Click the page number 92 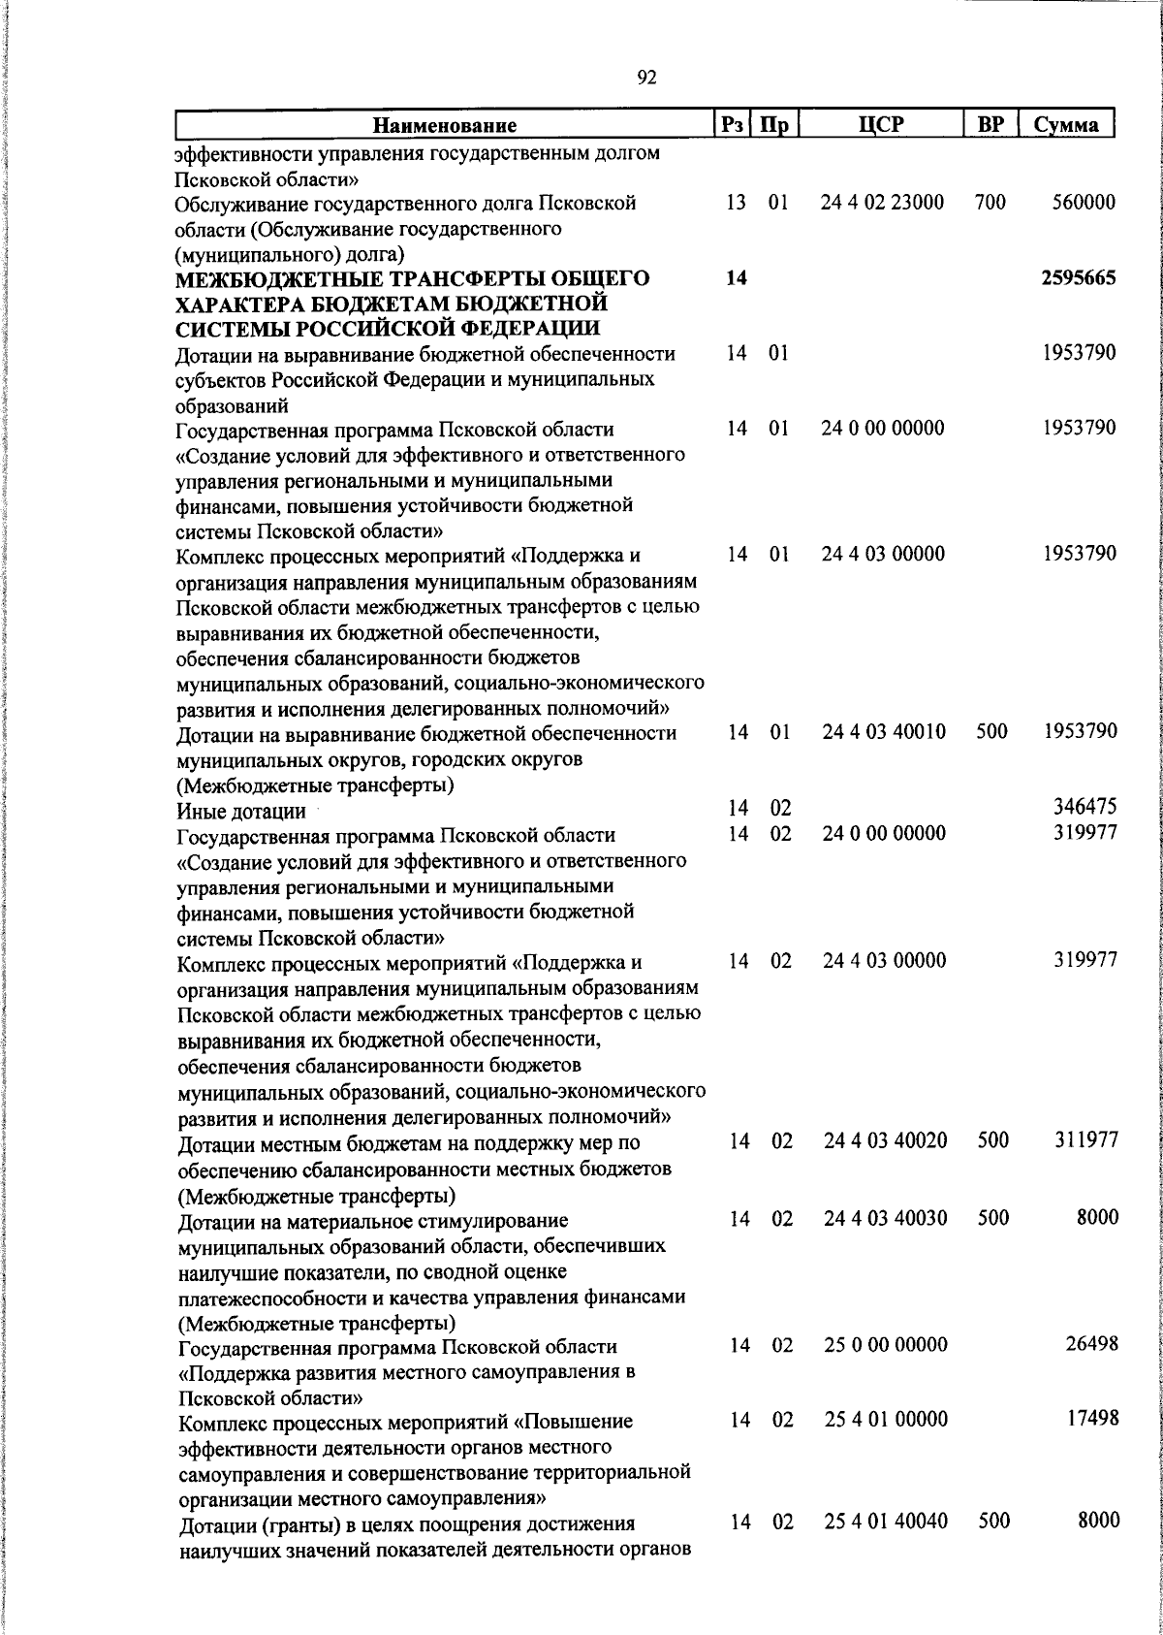647,79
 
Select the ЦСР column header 881,124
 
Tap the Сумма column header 1065,124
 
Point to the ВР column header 990,124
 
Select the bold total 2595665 1079,278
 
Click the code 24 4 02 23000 882,203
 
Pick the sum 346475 1085,807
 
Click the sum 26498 1091,1344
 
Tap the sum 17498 1091,1419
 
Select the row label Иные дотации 240,811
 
